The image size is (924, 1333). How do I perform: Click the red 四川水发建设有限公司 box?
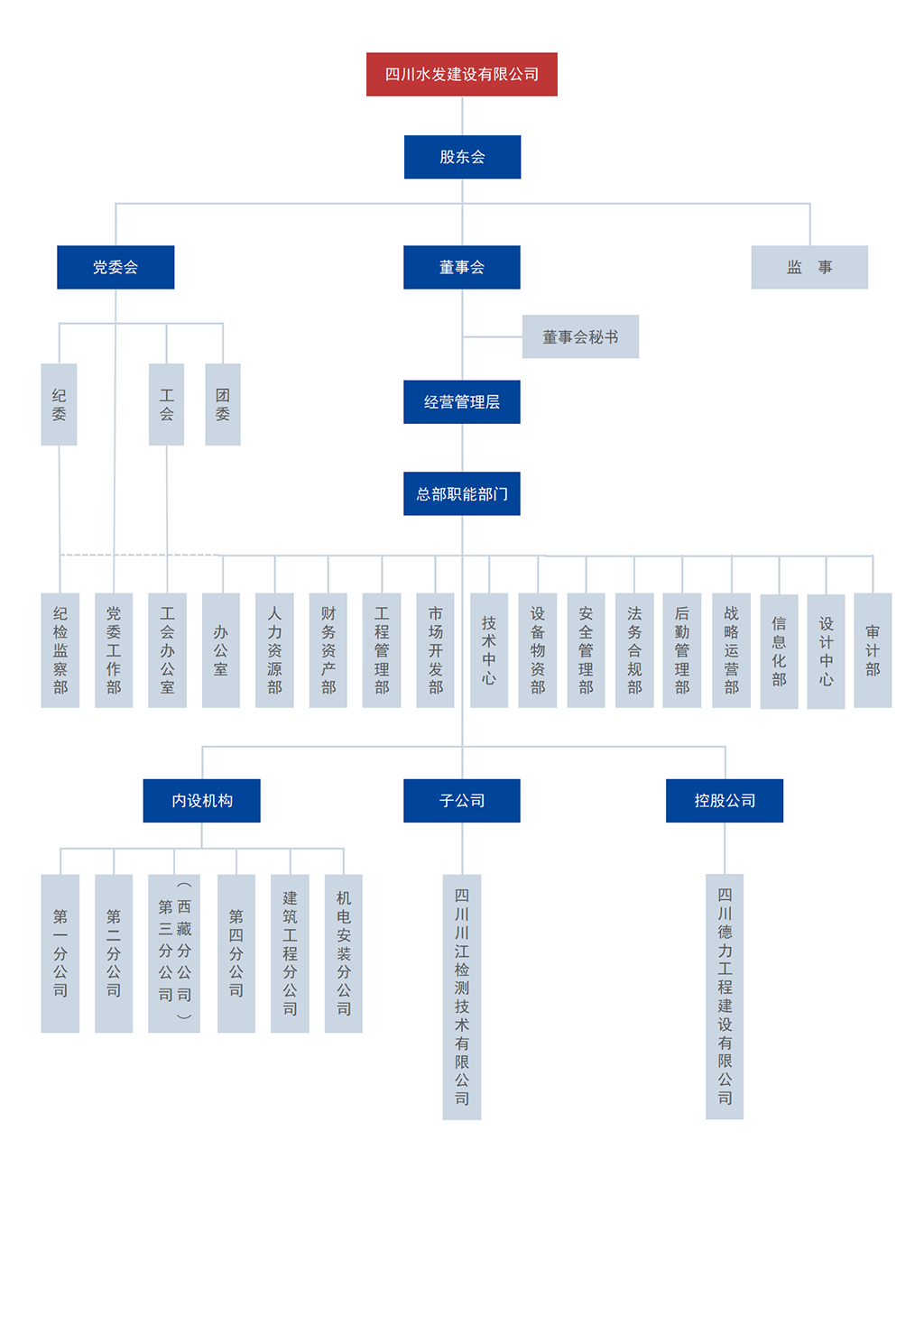[x=461, y=74]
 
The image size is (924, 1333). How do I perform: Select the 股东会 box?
[x=462, y=157]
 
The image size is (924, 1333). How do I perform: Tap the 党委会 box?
[x=115, y=267]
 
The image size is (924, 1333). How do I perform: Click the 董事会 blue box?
[x=461, y=267]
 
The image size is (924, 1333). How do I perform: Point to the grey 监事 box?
[x=809, y=267]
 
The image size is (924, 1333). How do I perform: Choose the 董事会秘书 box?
[x=580, y=336]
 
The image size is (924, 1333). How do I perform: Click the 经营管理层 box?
[x=461, y=402]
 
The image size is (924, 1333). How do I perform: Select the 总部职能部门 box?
[x=461, y=494]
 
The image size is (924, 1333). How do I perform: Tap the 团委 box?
[x=223, y=404]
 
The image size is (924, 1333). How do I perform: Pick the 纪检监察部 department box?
[x=60, y=650]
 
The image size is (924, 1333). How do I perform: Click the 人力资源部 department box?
[x=274, y=650]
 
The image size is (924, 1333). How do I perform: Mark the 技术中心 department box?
[x=489, y=650]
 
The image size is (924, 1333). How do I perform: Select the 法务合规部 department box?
[x=634, y=650]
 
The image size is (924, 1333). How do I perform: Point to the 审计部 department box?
[x=873, y=650]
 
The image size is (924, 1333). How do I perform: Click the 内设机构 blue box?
[x=201, y=801]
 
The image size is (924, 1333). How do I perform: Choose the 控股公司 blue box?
[x=725, y=801]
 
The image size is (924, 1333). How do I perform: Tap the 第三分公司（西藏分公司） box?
[x=174, y=953]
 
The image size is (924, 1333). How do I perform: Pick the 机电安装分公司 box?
[x=344, y=953]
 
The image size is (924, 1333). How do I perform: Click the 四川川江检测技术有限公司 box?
[x=462, y=997]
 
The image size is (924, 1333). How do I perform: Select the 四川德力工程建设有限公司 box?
[x=725, y=997]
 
